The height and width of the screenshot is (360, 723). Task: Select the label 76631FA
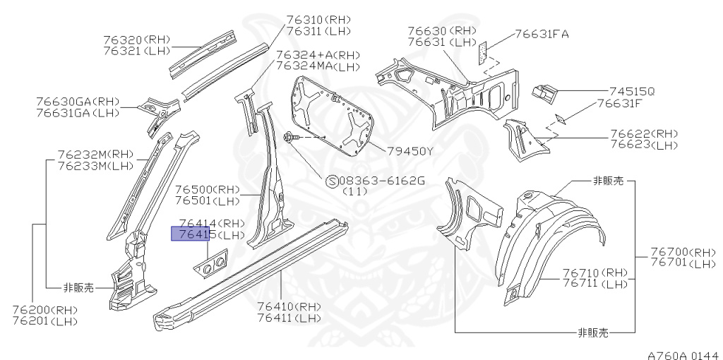542,34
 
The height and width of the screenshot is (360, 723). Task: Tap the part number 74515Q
632,91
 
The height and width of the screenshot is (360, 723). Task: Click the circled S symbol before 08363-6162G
331,181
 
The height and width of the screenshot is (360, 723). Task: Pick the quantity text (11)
354,192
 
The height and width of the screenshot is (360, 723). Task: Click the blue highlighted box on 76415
191,234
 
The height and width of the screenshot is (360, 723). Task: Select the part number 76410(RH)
289,307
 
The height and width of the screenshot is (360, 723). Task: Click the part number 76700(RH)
682,252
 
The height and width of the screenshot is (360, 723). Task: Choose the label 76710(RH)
594,272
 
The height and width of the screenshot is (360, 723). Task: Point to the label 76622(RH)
643,134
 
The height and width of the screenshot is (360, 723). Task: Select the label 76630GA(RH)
76,101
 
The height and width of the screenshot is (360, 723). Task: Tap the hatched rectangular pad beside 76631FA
484,52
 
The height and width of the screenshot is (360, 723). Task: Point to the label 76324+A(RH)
318,54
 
